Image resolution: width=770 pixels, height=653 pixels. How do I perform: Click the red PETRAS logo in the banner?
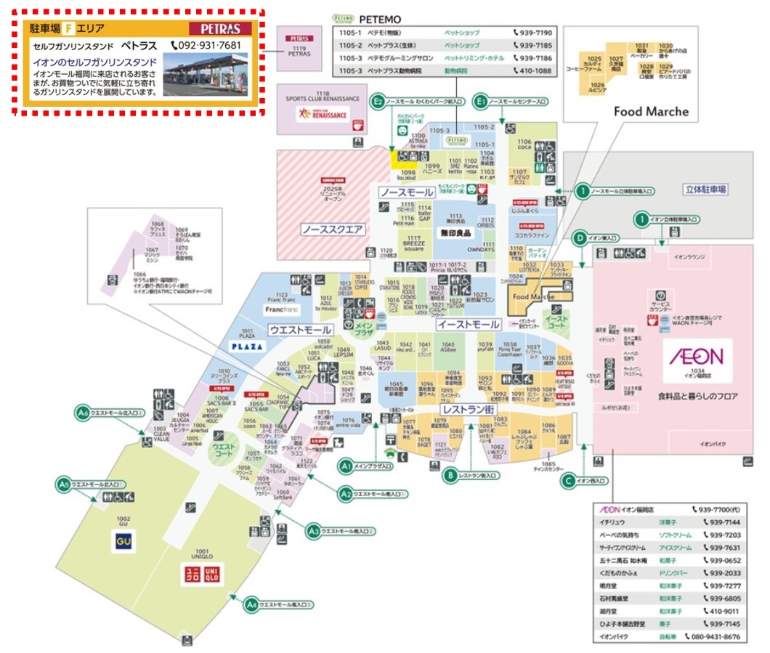[x=220, y=29]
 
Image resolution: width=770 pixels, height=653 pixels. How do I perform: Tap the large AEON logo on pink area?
[x=695, y=356]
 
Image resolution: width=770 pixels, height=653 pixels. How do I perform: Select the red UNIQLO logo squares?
[x=200, y=575]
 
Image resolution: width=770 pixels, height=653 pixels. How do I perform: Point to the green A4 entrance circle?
[x=250, y=604]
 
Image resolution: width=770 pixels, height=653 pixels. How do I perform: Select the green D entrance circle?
[x=580, y=238]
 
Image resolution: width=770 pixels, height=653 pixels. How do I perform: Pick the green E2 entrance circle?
[x=377, y=102]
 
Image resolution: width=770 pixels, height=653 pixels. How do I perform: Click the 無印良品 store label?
[x=455, y=233]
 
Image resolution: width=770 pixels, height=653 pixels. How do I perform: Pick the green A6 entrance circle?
[x=83, y=413]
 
